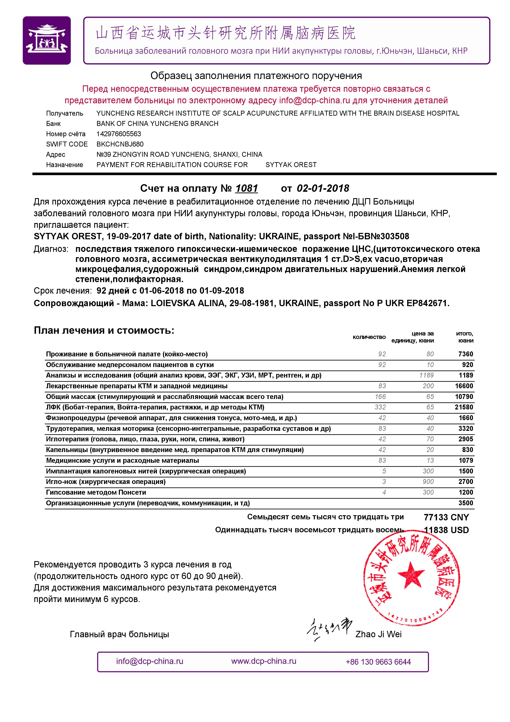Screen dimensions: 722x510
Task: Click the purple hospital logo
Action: coord(46,41)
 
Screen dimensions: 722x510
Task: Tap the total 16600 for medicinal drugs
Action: coord(464,386)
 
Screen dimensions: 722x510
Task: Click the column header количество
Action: coord(369,337)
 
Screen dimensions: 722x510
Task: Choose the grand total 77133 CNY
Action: coord(446,517)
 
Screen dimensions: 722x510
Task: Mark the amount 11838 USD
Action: coord(446,530)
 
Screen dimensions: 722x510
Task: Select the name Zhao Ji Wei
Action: coord(378,634)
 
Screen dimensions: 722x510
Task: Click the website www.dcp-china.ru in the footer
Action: coord(264,661)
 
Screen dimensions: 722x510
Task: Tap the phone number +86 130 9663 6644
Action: coord(378,662)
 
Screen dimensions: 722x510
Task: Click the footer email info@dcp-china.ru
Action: coord(150,661)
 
